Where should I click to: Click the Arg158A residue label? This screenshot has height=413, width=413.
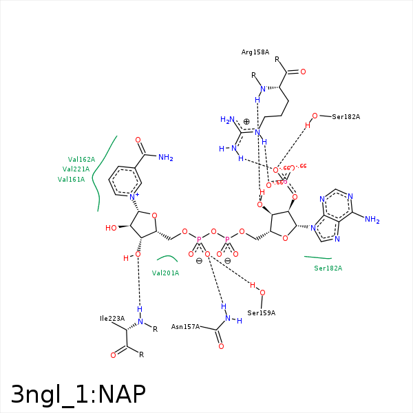pyautogui.click(x=255, y=52)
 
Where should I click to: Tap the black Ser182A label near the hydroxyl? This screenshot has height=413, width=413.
pyautogui.click(x=346, y=117)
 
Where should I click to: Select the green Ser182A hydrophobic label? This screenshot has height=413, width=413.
pyautogui.click(x=328, y=268)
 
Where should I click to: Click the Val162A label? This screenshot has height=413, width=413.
pyautogui.click(x=81, y=159)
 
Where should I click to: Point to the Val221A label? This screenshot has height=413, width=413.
pyautogui.click(x=76, y=169)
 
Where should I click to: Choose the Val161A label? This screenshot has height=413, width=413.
pyautogui.click(x=71, y=180)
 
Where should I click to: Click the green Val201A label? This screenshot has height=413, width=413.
pyautogui.click(x=165, y=273)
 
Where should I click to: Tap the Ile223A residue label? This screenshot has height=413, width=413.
pyautogui.click(x=112, y=319)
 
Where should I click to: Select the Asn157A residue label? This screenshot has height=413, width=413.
pyautogui.click(x=185, y=327)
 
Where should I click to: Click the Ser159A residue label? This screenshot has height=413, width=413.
pyautogui.click(x=261, y=313)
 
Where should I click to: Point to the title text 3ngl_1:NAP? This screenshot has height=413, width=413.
pyautogui.click(x=78, y=394)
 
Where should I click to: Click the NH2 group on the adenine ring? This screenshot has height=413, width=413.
pyautogui.click(x=372, y=220)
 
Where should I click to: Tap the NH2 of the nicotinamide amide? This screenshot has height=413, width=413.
pyautogui.click(x=165, y=158)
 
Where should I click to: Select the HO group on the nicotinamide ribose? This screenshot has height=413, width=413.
pyautogui.click(x=111, y=228)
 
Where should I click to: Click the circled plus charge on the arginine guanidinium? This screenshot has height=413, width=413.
pyautogui.click(x=246, y=121)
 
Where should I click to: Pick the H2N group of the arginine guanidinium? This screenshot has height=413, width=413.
pyautogui.click(x=227, y=120)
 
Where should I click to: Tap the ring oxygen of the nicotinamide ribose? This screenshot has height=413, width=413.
pyautogui.click(x=154, y=215)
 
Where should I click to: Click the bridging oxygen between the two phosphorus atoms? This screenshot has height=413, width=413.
pyautogui.click(x=213, y=232)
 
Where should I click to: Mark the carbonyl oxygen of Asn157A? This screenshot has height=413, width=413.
pyautogui.click(x=221, y=346)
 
